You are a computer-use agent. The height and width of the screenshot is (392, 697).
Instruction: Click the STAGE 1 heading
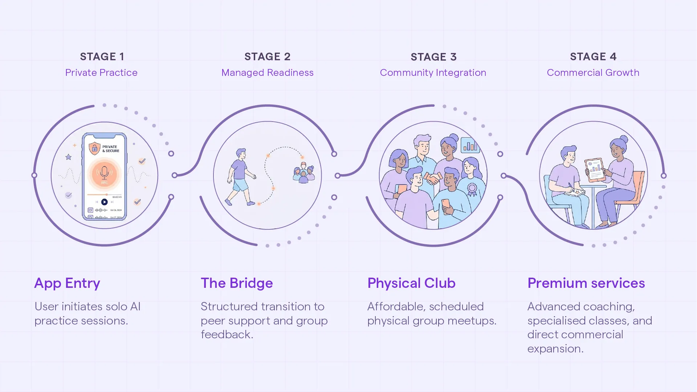click(x=102, y=57)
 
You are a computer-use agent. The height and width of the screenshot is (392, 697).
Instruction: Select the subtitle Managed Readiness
click(x=268, y=73)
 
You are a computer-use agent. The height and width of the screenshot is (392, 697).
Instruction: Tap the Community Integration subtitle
click(x=433, y=73)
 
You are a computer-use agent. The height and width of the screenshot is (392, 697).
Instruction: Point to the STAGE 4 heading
click(x=593, y=57)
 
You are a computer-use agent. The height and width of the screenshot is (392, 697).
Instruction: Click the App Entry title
click(x=67, y=283)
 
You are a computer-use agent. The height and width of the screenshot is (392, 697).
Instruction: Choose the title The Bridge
click(x=237, y=283)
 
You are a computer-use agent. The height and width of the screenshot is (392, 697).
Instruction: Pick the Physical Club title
click(x=411, y=283)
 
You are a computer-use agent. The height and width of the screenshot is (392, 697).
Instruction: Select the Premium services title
click(x=586, y=283)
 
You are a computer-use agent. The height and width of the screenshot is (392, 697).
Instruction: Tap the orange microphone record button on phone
click(x=104, y=173)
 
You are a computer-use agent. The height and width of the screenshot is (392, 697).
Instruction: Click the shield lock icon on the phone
click(x=94, y=148)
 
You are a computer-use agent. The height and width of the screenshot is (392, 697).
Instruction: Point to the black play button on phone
click(x=104, y=202)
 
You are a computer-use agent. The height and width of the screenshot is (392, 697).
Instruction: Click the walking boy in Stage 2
click(x=240, y=177)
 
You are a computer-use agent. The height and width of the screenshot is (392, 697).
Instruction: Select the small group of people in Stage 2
click(x=303, y=173)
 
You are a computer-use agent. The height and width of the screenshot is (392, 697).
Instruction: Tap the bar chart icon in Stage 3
click(x=470, y=145)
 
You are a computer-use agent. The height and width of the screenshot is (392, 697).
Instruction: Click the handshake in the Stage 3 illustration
click(x=433, y=179)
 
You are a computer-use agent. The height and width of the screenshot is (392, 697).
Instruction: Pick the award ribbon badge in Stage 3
click(x=472, y=189)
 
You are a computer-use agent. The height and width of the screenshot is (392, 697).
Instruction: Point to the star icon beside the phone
click(x=68, y=157)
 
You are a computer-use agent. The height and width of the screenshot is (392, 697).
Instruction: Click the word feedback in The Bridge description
click(x=227, y=335)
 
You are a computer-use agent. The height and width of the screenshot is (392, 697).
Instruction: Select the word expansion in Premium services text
click(x=555, y=349)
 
